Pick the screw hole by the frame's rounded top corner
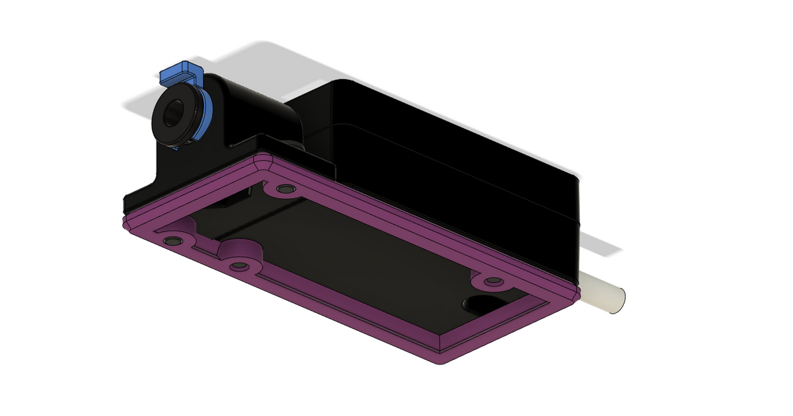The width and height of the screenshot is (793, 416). tap(285, 190)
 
